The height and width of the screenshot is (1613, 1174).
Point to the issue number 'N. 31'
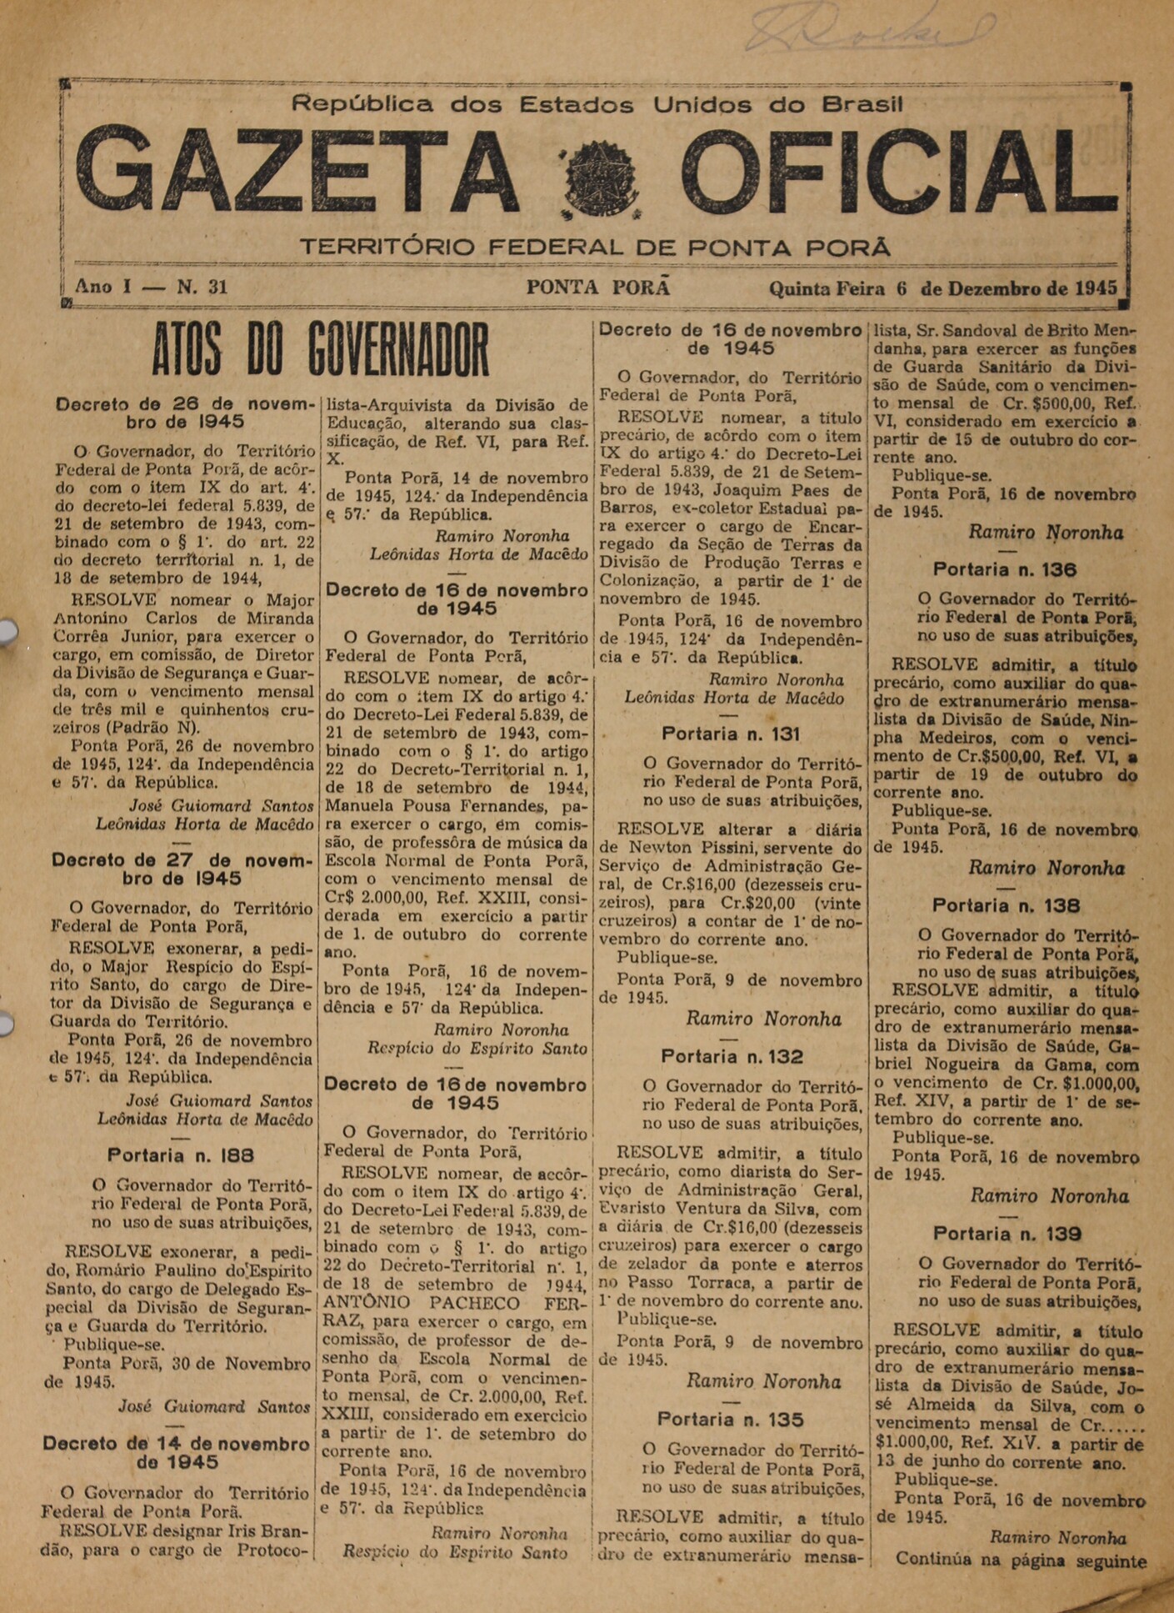tap(202, 288)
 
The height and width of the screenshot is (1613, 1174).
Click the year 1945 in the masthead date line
tap(1095, 288)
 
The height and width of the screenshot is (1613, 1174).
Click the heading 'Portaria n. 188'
tap(180, 1155)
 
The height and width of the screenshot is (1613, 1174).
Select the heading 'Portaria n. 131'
tap(730, 734)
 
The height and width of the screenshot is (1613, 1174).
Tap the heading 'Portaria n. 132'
tap(732, 1057)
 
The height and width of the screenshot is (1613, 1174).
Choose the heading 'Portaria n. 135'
tap(730, 1420)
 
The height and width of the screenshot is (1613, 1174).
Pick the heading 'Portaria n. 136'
tap(1004, 570)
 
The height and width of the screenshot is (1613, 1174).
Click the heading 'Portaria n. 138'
tap(1006, 905)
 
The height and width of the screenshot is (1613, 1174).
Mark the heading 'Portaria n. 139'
tap(1007, 1234)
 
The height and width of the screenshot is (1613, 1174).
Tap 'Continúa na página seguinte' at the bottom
tap(1021, 1560)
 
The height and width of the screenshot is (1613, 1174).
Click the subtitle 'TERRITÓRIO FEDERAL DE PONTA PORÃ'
tap(594, 248)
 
